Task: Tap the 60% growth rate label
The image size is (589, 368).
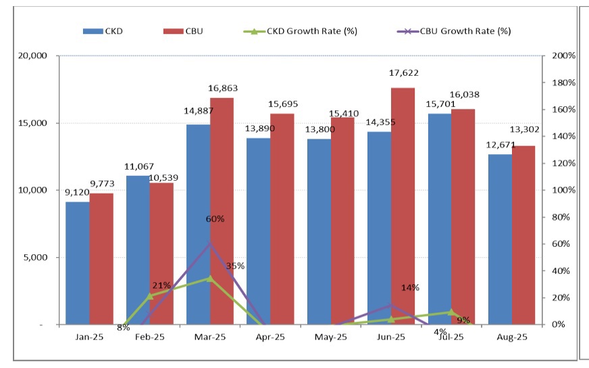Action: pos(215,218)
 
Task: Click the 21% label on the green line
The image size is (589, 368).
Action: pos(161,285)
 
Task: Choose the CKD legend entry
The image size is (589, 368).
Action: pos(105,30)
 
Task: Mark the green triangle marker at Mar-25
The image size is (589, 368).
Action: pos(210,278)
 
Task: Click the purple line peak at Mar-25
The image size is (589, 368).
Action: pos(210,244)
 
